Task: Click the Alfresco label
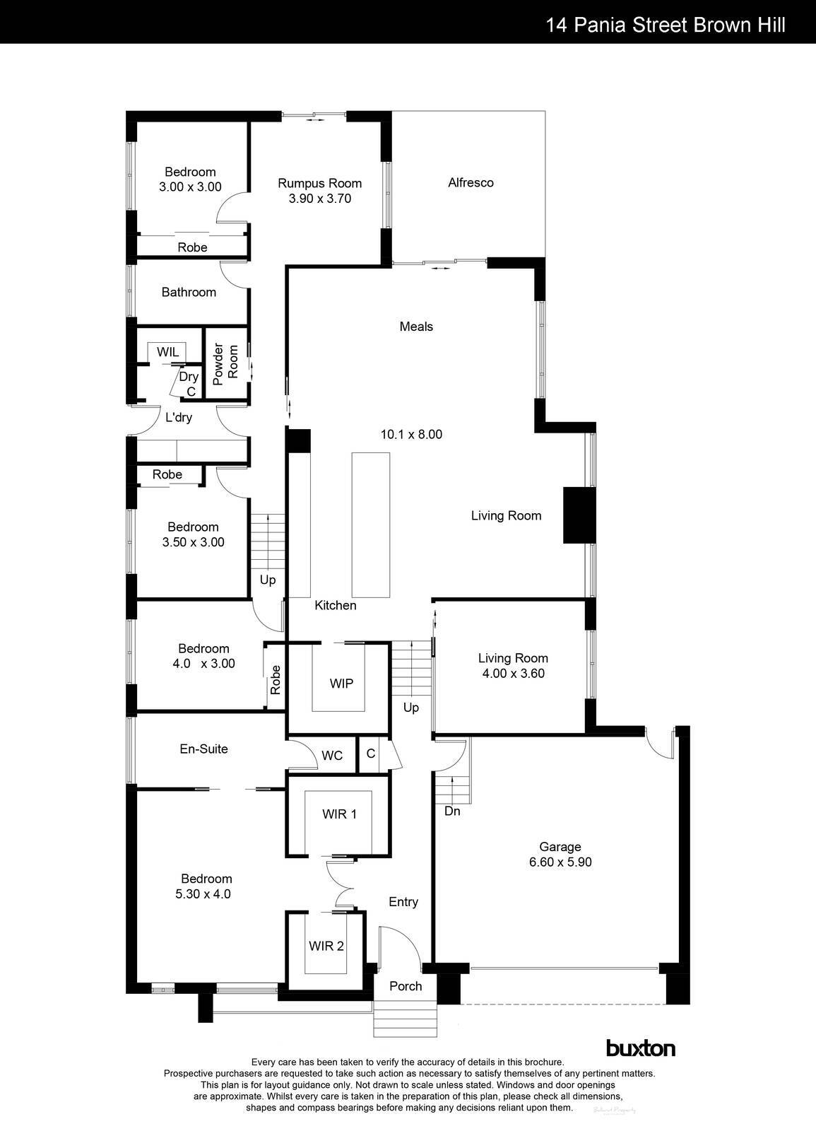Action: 471,182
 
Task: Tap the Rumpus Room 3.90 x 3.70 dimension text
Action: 319,199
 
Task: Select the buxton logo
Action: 640,1048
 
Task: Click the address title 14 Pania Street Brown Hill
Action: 665,25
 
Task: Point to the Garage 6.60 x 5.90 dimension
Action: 560,862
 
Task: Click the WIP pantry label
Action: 341,684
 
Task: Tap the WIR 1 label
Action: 339,814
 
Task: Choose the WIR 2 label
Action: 326,946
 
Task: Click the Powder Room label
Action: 225,364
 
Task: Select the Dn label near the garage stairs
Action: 452,811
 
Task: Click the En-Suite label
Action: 203,749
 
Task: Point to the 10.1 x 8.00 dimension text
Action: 411,434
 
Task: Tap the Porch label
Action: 406,986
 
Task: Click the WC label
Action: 332,756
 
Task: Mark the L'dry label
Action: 179,418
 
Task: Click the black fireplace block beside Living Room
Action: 576,515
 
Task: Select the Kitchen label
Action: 335,605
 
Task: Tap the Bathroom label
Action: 189,292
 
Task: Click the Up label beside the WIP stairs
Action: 410,708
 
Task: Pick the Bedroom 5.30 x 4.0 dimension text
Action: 203,893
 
